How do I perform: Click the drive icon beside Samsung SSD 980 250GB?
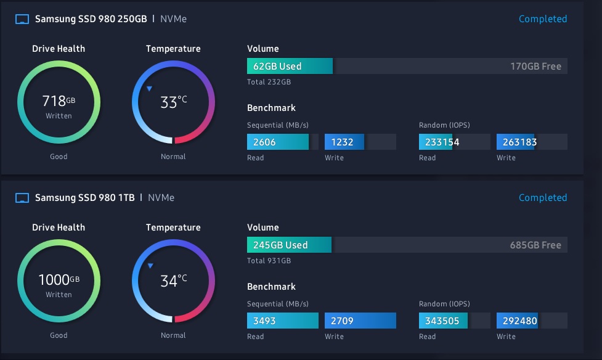(x=22, y=19)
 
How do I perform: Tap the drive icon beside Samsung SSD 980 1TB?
(x=22, y=198)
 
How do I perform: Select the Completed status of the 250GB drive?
(x=542, y=19)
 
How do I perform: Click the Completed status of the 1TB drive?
(x=542, y=198)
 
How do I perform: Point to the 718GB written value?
(x=59, y=100)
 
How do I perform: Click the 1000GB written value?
(x=59, y=279)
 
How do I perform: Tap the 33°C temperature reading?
(x=173, y=102)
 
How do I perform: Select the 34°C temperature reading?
(x=173, y=280)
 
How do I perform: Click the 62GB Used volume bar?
(x=290, y=66)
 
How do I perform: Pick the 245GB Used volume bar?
(x=289, y=245)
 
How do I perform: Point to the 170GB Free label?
(x=535, y=66)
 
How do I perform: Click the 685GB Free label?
(x=535, y=245)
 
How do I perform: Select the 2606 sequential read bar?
(x=278, y=142)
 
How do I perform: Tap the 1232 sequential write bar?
(x=344, y=142)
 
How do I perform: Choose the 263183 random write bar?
(x=516, y=142)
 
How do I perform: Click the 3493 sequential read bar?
(x=282, y=321)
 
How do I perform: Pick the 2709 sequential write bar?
(x=360, y=321)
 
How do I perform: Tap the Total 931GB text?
(x=269, y=261)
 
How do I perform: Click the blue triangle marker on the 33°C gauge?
(x=149, y=89)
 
